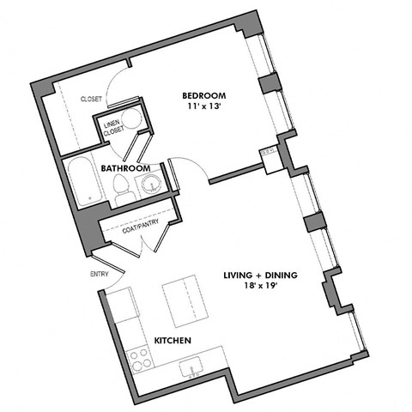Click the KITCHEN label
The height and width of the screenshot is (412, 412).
(x=172, y=341)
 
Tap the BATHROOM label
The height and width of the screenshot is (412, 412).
(x=126, y=168)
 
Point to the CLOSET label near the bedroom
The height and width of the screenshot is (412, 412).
(x=91, y=100)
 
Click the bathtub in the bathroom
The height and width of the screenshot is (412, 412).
(x=84, y=181)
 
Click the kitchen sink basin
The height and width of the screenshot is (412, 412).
(x=191, y=368)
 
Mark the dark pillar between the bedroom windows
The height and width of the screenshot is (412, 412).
(x=270, y=85)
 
